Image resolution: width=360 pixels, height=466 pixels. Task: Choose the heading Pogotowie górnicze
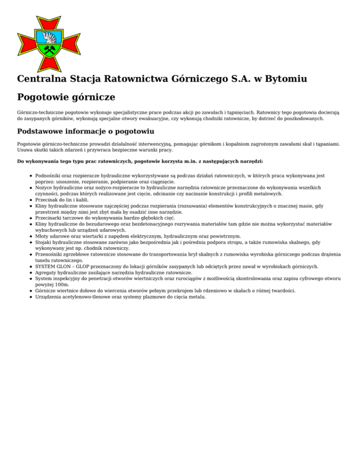pos(66,98)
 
